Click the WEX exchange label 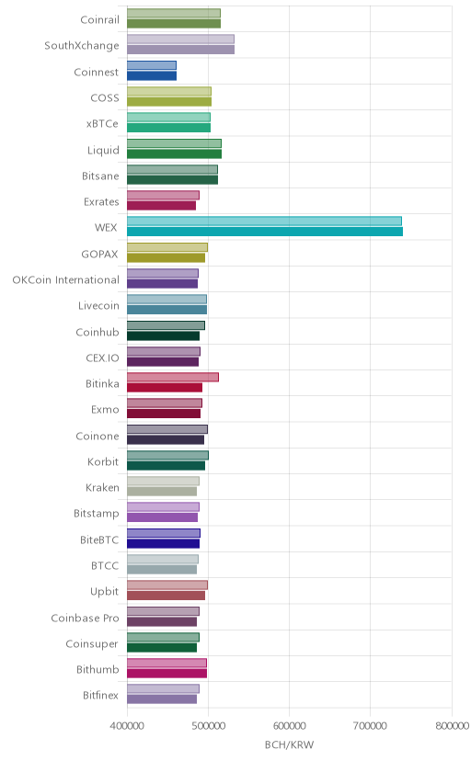[106, 228]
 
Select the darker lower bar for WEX [265, 232]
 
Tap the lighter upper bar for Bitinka [173, 377]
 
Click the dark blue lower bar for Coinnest [152, 75]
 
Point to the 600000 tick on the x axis [290, 725]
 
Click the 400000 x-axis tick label [127, 725]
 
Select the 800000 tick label [452, 725]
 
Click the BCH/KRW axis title [290, 744]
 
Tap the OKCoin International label [65, 280]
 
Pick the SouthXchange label [82, 46]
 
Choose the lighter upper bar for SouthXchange [180, 40]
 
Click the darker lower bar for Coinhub [163, 335]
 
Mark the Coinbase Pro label [85, 618]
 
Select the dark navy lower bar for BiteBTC [163, 543]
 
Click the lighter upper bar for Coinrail [174, 14]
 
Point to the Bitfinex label [100, 696]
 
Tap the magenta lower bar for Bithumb [167, 674]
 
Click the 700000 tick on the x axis [371, 725]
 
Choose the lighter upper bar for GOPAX [167, 247]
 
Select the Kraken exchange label [102, 488]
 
